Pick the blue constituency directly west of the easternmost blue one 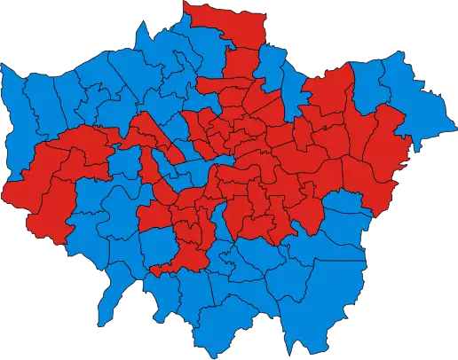[377, 84]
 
